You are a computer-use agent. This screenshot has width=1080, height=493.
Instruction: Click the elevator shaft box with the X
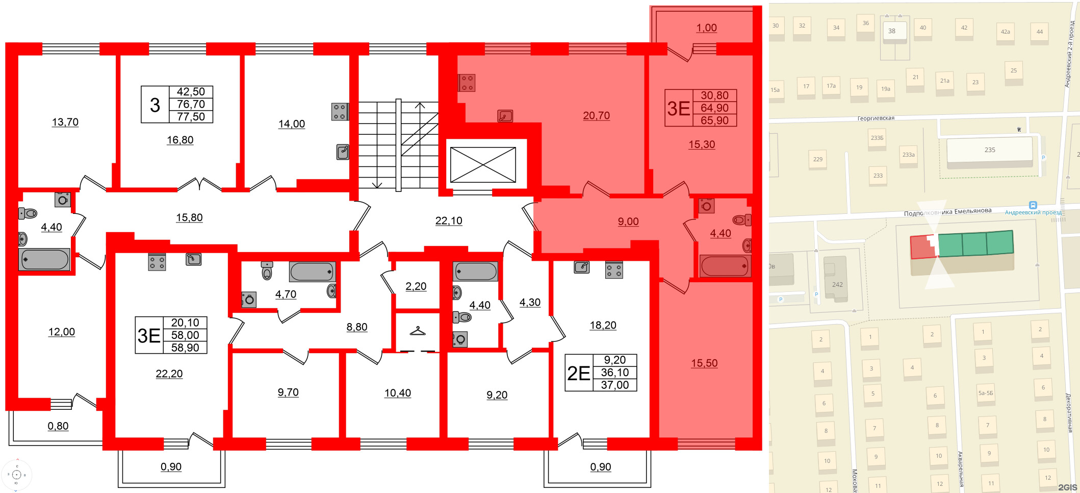click(x=482, y=164)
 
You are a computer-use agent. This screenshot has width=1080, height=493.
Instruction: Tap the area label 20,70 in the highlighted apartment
click(x=596, y=116)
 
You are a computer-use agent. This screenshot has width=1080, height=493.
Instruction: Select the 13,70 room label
click(x=65, y=122)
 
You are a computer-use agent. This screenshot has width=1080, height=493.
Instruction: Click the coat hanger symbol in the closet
click(x=418, y=331)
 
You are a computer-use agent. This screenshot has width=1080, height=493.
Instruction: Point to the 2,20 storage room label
click(x=416, y=286)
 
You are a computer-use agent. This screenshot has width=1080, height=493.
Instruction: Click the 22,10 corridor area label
click(x=449, y=220)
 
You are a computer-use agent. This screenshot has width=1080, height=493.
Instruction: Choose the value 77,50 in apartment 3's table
click(x=191, y=117)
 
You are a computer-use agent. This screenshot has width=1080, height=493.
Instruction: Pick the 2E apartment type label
click(x=579, y=373)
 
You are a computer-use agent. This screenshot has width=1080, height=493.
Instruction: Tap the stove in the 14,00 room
click(x=340, y=111)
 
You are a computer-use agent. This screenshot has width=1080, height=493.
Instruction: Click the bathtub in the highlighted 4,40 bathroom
click(x=725, y=266)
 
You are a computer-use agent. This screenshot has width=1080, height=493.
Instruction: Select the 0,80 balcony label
click(x=58, y=426)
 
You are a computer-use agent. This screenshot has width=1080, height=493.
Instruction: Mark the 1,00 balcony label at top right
click(x=706, y=28)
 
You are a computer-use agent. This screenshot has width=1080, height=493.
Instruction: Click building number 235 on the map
click(x=989, y=150)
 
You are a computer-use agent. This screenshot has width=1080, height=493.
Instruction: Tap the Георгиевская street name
click(x=876, y=118)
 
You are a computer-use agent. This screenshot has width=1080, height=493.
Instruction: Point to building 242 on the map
click(x=837, y=284)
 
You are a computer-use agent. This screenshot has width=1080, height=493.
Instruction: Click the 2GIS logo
click(x=1067, y=487)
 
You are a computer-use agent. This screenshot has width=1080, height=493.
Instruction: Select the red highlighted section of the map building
click(x=922, y=248)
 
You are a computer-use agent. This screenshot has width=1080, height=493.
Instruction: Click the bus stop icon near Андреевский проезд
click(x=1033, y=205)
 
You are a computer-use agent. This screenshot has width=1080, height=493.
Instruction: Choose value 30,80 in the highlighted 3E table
click(x=714, y=95)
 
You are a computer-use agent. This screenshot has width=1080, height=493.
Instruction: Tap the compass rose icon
click(x=16, y=475)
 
